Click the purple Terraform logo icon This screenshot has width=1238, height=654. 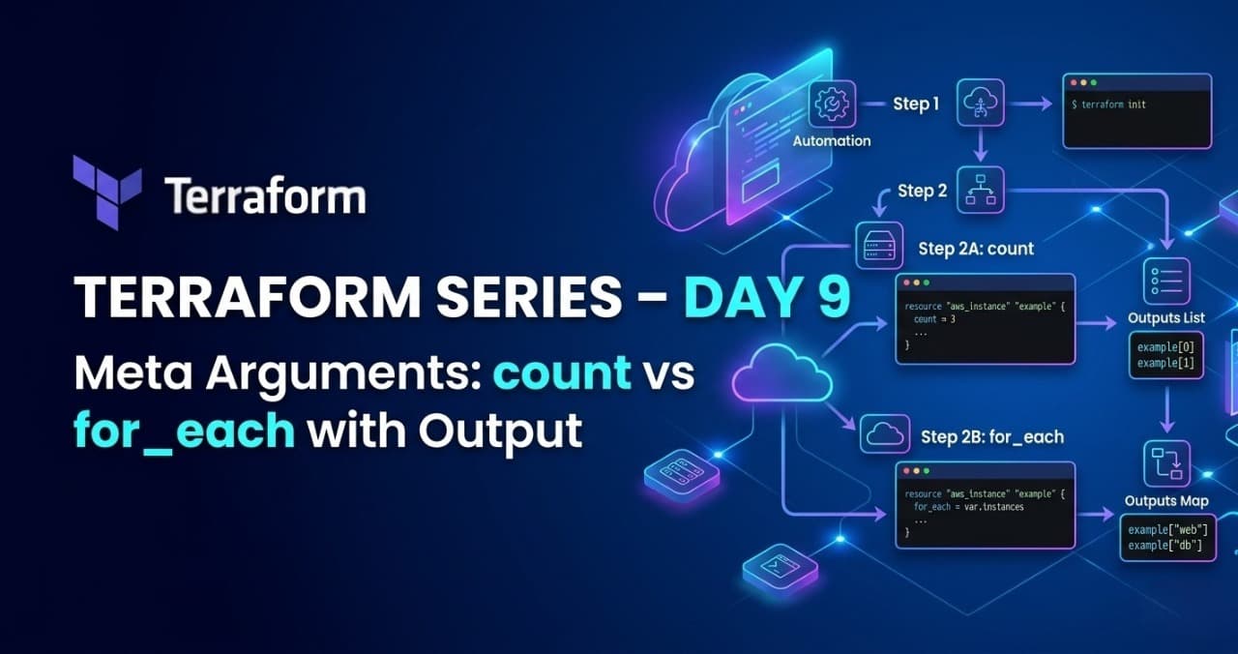tap(106, 193)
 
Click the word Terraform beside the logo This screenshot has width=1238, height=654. tap(264, 196)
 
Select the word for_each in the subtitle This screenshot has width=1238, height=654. tap(185, 431)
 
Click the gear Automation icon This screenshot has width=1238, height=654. tap(832, 104)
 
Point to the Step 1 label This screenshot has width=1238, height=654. tap(915, 104)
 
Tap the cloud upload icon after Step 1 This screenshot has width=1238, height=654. tap(981, 104)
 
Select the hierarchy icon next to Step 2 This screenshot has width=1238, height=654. tap(981, 190)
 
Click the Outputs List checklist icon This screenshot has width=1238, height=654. tap(1166, 282)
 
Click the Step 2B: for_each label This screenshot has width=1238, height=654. tap(991, 437)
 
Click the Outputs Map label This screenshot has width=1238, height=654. tap(1165, 501)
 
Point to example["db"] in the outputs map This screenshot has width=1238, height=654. tap(1164, 547)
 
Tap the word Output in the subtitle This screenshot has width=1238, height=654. tap(500, 431)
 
